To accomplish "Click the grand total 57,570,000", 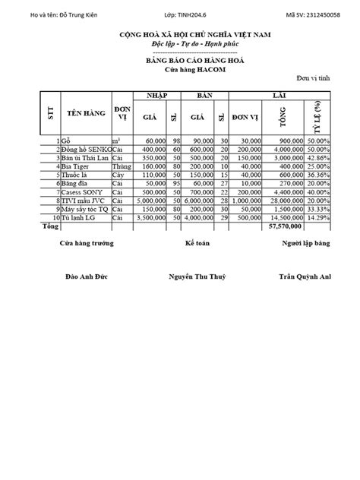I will [x=286, y=226].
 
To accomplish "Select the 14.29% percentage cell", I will [x=317, y=217].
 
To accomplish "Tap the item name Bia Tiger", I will [x=77, y=166].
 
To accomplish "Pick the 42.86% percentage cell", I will [x=317, y=157].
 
